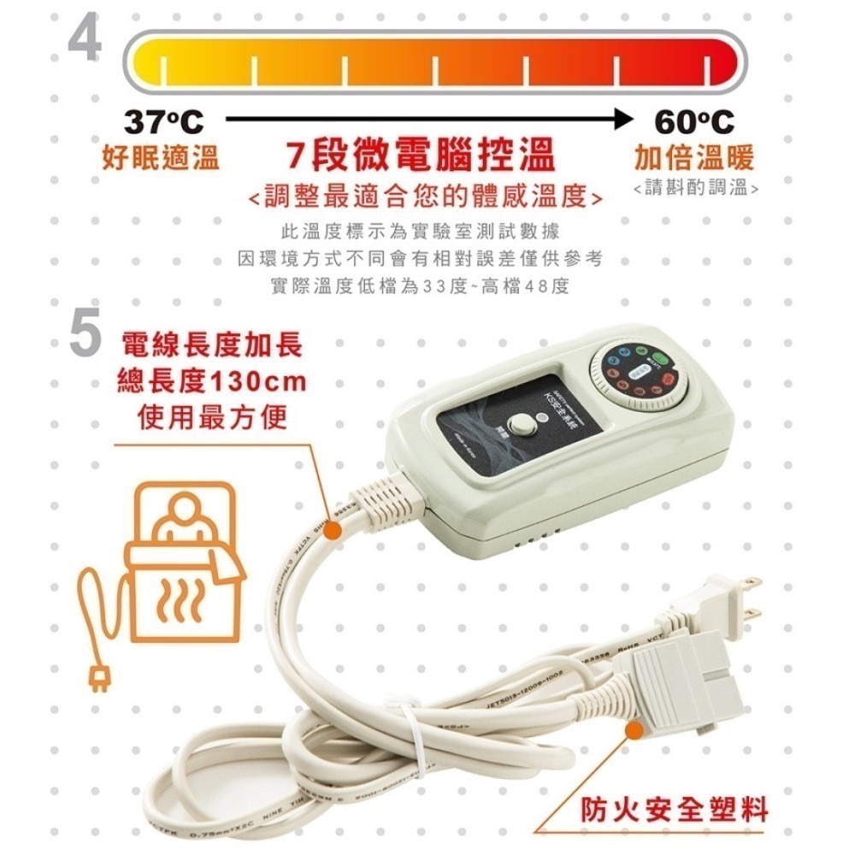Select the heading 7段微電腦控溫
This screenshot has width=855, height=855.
[x=421, y=157]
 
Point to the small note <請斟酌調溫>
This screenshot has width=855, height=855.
[x=696, y=187]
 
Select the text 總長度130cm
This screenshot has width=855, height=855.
[x=211, y=381]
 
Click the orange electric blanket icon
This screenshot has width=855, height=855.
[x=184, y=569]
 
